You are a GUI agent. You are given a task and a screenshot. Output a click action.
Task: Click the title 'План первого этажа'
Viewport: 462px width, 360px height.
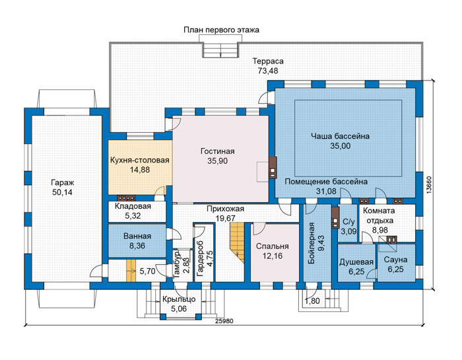click(221, 30)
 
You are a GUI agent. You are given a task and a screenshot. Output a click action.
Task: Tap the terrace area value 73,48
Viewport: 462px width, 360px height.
click(268, 71)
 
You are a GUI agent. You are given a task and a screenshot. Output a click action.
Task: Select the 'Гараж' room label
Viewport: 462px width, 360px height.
click(62, 182)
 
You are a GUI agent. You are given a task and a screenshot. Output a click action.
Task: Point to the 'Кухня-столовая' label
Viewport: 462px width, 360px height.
click(140, 160)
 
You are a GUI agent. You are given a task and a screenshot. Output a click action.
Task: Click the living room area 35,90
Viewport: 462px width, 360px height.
click(217, 161)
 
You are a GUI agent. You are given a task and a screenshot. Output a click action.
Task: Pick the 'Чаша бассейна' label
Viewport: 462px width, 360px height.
click(341, 136)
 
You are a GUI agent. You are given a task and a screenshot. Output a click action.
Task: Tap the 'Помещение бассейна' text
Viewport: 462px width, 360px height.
click(326, 182)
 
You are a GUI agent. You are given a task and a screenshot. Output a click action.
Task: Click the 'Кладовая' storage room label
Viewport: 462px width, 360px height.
click(133, 206)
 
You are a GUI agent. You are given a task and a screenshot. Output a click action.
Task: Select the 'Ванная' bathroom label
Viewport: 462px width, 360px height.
click(137, 236)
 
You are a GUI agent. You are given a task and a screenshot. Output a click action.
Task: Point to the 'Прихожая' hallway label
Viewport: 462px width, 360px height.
click(226, 209)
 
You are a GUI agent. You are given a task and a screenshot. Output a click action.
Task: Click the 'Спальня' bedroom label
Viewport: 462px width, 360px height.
click(273, 246)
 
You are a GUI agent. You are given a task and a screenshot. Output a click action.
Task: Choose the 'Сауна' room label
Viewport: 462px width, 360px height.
click(396, 260)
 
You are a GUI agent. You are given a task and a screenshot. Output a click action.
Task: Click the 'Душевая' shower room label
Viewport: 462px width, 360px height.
click(356, 262)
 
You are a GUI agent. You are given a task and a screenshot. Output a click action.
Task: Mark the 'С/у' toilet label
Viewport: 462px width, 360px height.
click(349, 222)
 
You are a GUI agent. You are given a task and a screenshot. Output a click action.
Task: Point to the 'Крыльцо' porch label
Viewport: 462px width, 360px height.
click(179, 299)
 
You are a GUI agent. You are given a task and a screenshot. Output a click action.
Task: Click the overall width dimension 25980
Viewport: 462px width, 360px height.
click(224, 321)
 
